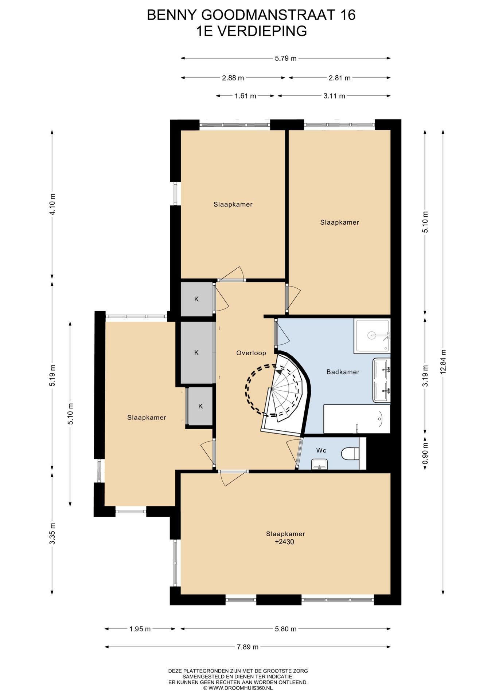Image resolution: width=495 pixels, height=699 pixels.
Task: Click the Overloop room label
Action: click(x=251, y=353)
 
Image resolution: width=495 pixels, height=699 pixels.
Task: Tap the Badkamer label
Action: click(x=343, y=372)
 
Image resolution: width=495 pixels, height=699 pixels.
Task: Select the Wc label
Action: click(x=321, y=450)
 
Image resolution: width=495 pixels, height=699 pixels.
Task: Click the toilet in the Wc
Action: click(x=350, y=453)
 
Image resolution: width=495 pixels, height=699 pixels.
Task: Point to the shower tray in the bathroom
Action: click(x=372, y=336)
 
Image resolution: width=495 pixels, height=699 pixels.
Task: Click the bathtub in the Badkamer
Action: click(x=357, y=419)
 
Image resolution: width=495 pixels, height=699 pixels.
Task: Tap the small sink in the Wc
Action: click(x=320, y=464)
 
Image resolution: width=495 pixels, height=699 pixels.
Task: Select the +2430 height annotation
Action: click(x=284, y=542)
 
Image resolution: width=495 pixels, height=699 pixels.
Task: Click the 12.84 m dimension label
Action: click(x=443, y=362)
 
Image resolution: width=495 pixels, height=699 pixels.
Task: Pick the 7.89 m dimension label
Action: click(x=247, y=647)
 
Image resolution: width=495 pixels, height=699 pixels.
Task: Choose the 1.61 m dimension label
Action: click(x=245, y=96)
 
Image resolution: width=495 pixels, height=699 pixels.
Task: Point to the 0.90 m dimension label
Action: click(x=425, y=454)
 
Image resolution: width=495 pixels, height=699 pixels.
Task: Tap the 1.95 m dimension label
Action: click(x=140, y=629)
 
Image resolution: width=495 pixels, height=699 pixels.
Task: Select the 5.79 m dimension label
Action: click(x=286, y=58)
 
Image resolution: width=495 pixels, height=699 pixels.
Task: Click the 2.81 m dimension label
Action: click(x=339, y=78)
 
